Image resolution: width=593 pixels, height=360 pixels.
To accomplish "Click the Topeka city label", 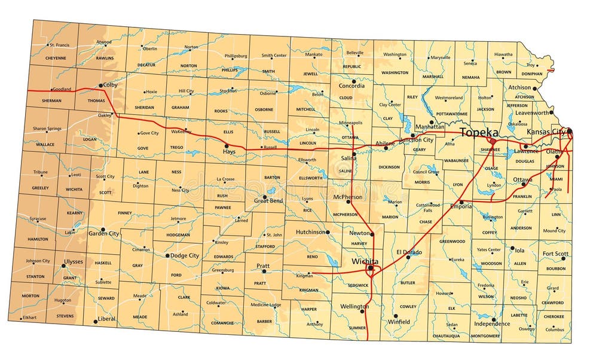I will pyautogui.click(x=479, y=132).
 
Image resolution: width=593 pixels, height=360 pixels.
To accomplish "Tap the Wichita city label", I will pyautogui.click(x=365, y=261).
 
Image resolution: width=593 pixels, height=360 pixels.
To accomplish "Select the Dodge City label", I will pyautogui.click(x=185, y=255).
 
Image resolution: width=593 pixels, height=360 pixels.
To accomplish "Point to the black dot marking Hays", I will pyautogui.click(x=226, y=145).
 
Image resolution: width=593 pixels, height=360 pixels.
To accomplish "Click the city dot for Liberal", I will pyautogui.click(x=95, y=321).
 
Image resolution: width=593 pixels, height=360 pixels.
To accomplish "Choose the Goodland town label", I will pyautogui.click(x=62, y=90).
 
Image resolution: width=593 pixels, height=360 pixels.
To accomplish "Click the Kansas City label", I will pyautogui.click(x=546, y=132).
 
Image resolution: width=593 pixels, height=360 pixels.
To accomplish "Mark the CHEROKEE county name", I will pyautogui.click(x=553, y=317).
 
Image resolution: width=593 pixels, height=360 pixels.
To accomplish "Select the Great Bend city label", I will pyautogui.click(x=268, y=201).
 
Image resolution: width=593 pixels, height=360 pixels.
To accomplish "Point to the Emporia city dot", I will pyautogui.click(x=461, y=202).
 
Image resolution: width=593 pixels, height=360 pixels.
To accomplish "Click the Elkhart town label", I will pyautogui.click(x=29, y=317).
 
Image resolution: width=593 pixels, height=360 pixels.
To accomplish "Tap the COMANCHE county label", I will pyautogui.click(x=222, y=323).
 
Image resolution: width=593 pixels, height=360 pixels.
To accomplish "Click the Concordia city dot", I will pyautogui.click(x=354, y=81).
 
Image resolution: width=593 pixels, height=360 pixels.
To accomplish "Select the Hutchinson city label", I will pyautogui.click(x=311, y=232).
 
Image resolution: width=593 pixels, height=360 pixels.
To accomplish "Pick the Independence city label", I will pyautogui.click(x=492, y=324).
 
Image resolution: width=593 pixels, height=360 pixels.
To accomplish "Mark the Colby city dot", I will pyautogui.click(x=100, y=86).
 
